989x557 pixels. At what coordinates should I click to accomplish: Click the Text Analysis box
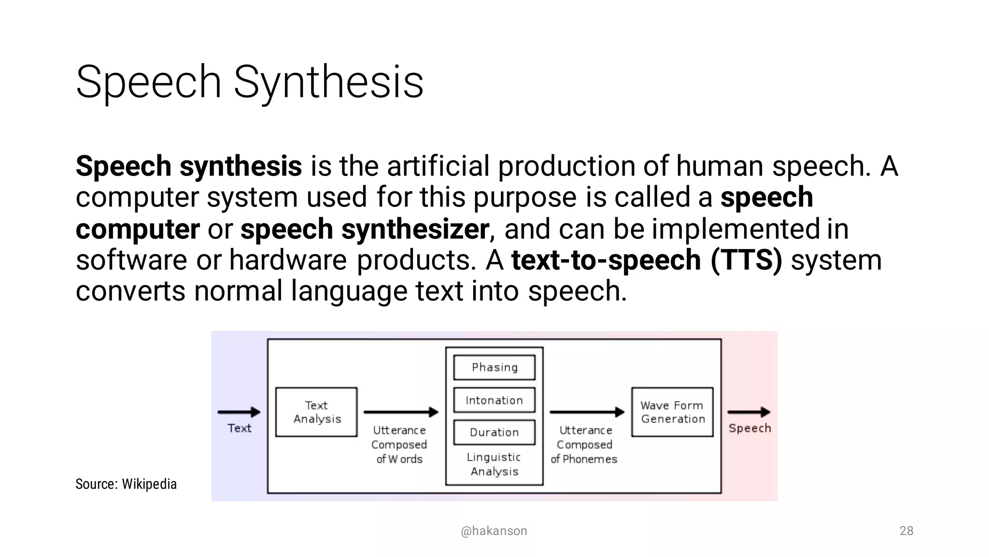coord(316,412)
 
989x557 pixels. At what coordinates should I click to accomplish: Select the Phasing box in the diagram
coord(494,367)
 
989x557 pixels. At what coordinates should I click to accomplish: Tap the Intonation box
coord(494,400)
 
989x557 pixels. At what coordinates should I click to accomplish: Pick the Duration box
coord(494,432)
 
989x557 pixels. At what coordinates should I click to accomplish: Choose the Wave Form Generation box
coord(672,412)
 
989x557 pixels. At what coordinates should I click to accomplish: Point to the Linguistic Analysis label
coord(494,464)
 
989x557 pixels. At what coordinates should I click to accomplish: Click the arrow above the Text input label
coord(239,412)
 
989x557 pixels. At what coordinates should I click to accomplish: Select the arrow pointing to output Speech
coord(749,412)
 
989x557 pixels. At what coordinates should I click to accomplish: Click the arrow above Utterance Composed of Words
coord(401,412)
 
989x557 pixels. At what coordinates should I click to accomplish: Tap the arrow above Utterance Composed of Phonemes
coord(587,412)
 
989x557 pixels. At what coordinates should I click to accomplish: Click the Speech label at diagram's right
coord(749,428)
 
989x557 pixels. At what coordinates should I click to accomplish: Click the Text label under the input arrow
coord(240,428)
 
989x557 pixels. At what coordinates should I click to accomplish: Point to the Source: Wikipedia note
coord(126,484)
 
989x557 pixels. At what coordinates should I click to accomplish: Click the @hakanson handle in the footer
coord(494,531)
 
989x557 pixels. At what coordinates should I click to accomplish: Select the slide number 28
coord(906,531)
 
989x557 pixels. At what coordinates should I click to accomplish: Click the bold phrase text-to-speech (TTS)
coord(647,260)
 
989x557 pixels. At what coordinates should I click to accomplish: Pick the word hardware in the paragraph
coord(288,260)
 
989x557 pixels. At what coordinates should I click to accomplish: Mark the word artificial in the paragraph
coord(438,166)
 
